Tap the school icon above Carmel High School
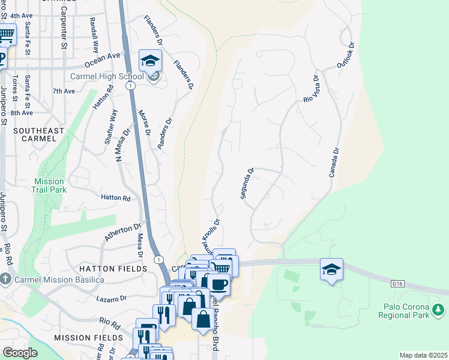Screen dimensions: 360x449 (149, 59)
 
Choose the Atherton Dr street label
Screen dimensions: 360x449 (123, 232)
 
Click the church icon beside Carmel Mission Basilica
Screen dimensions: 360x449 (5, 279)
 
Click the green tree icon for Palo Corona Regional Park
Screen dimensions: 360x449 (439, 310)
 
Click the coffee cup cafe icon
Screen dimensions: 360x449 (219, 284)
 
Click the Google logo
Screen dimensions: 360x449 (20, 353)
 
